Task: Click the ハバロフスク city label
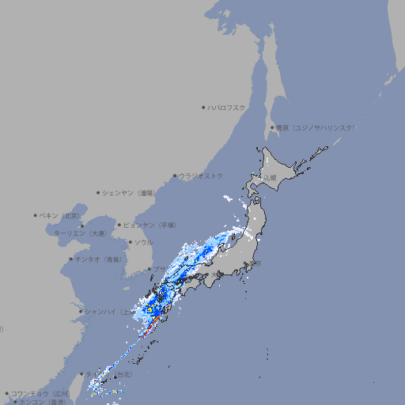click(x=227, y=107)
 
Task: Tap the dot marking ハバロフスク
click(x=204, y=107)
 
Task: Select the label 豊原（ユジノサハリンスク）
click(x=315, y=127)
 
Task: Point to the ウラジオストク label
click(x=201, y=176)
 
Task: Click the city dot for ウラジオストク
click(x=175, y=176)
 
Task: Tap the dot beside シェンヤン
click(x=98, y=192)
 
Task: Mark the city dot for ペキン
click(x=36, y=215)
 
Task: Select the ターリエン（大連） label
click(x=79, y=233)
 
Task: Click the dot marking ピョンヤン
click(x=120, y=225)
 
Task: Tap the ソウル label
click(x=143, y=242)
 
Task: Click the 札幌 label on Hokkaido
click(x=270, y=177)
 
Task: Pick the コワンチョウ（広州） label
click(x=40, y=393)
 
